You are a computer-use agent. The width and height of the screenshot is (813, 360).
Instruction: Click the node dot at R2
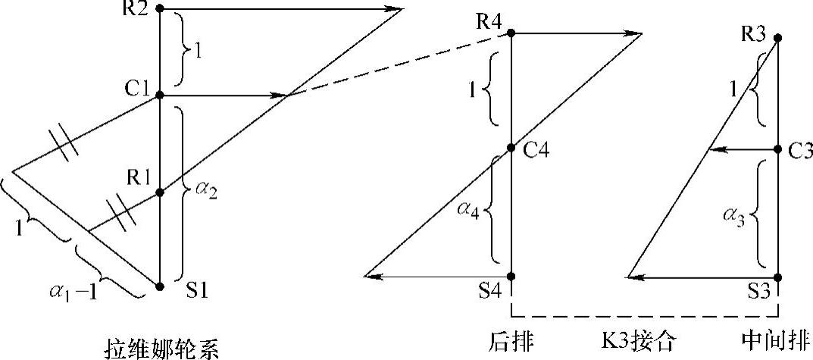pos(160,8)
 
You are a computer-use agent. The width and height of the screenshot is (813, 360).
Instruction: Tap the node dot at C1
pos(160,95)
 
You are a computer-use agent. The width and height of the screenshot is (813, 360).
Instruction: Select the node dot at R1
pos(160,193)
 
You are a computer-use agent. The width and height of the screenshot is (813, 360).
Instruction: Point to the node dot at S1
pos(160,286)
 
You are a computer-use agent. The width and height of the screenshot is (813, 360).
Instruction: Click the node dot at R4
pos(511,33)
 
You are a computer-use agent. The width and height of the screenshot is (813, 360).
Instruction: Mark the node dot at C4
pos(511,148)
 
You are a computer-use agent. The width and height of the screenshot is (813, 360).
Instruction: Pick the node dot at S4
pos(511,277)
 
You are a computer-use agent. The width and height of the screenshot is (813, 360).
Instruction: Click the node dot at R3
pos(779,37)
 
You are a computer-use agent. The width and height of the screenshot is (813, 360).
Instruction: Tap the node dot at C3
pos(779,150)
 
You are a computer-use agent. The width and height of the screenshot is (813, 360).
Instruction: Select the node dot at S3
pos(779,277)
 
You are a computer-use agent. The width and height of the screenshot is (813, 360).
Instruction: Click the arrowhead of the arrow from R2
pos(394,9)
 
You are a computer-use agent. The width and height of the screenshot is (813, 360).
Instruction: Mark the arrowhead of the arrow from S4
pos(371,277)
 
